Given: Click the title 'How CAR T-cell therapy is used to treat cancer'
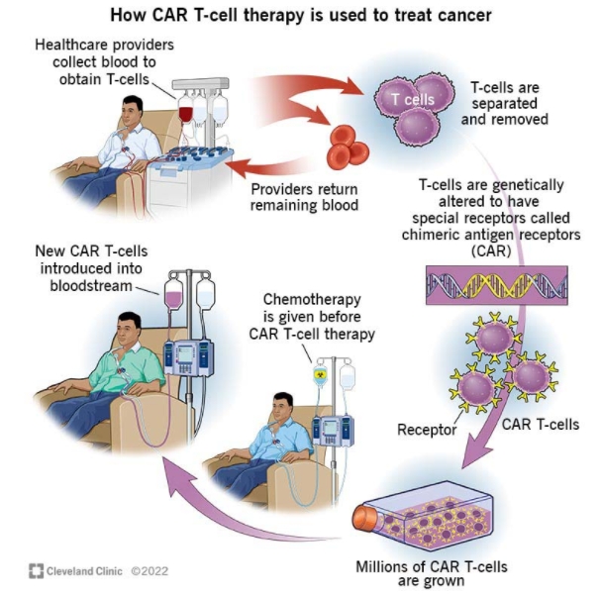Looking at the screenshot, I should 300,17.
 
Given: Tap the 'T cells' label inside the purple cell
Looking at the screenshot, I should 412,100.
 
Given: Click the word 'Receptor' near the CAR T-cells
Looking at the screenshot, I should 427,430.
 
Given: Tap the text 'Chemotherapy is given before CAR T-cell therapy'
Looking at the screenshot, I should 318,317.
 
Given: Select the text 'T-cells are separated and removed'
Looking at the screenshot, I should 504,105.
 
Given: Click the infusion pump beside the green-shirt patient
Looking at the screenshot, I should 188,357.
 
